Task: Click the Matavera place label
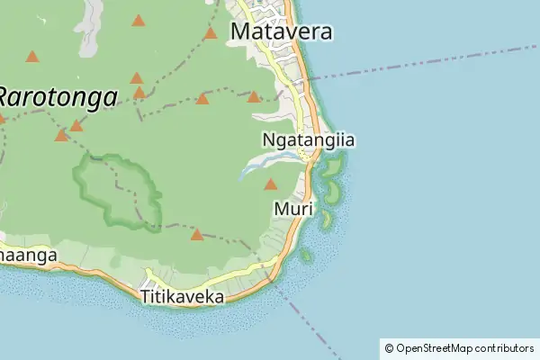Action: click(282, 32)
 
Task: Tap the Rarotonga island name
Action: click(58, 97)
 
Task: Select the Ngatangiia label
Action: click(308, 140)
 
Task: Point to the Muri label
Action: click(292, 209)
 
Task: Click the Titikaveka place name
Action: click(183, 295)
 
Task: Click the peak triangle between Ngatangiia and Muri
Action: click(270, 184)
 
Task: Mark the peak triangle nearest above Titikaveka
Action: click(197, 235)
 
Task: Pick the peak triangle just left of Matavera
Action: click(211, 34)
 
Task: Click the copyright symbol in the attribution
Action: click(389, 347)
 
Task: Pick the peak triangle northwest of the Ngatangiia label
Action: click(254, 97)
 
